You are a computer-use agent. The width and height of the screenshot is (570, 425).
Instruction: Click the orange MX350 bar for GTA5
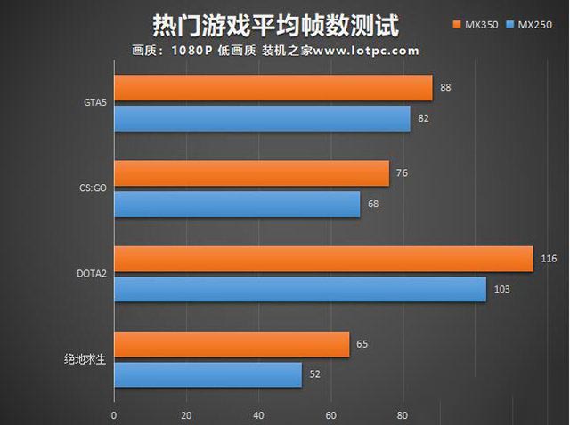(x=273, y=88)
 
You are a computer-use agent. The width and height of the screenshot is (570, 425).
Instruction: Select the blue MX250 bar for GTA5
(x=262, y=118)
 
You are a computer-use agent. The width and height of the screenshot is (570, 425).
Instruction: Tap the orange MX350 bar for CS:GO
(x=251, y=173)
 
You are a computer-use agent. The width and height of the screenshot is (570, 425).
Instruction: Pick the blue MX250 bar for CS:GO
(x=237, y=204)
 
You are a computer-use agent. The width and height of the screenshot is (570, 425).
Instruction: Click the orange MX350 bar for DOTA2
(x=322, y=259)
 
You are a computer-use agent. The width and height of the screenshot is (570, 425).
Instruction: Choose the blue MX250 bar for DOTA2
(x=299, y=289)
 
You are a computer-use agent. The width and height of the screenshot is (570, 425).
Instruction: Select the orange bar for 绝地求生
(x=232, y=344)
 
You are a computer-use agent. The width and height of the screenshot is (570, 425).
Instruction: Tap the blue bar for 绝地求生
(x=208, y=374)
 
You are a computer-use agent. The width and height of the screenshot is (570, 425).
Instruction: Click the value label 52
(x=314, y=374)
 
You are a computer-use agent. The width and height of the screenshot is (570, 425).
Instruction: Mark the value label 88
(x=445, y=88)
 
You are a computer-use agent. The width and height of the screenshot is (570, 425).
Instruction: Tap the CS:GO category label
(x=93, y=188)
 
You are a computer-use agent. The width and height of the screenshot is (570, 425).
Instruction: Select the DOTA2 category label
(x=92, y=274)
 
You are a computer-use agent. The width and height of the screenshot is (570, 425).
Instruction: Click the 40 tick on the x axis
(x=258, y=414)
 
